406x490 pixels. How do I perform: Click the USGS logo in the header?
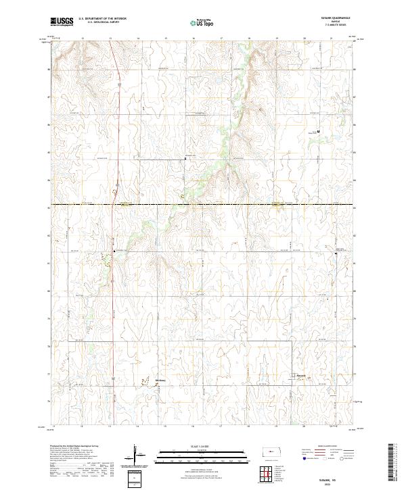coord(62,22)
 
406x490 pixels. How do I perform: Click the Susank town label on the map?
coord(301,375)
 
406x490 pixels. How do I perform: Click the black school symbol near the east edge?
coord(319,131)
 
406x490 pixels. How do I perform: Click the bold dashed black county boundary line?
coord(203,204)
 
